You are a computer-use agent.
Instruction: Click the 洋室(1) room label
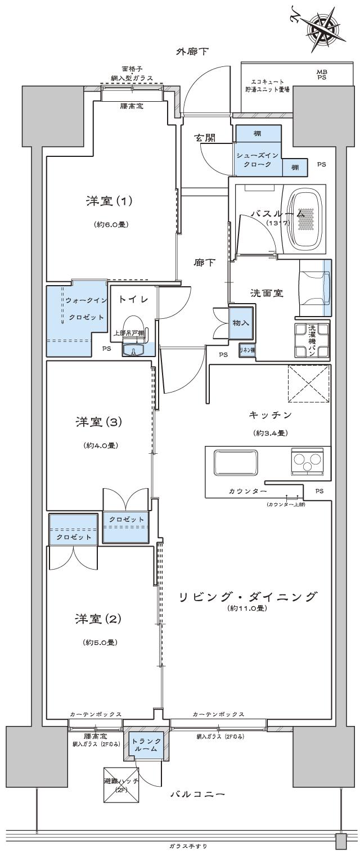(x=107, y=201)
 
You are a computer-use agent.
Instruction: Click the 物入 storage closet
(x=241, y=323)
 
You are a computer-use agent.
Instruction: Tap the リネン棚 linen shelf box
(x=247, y=350)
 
